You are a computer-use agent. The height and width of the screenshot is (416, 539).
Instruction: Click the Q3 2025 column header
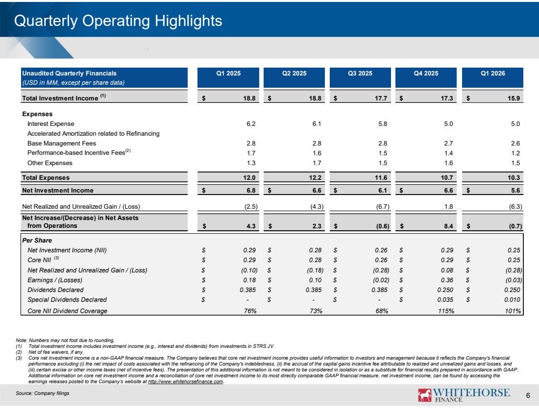click(360, 73)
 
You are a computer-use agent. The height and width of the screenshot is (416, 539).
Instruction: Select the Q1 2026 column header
click(492, 73)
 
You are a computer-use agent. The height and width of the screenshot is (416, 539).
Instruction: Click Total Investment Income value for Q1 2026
click(514, 98)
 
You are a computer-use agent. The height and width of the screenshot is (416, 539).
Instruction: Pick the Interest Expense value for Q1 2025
click(251, 124)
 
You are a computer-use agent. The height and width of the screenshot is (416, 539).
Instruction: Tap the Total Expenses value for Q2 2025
click(315, 178)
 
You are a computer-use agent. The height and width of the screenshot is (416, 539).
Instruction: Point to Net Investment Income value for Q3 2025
click(382, 191)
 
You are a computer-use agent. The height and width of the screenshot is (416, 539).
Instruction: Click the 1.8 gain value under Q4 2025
click(448, 207)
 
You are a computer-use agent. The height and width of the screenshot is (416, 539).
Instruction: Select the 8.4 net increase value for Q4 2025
click(448, 226)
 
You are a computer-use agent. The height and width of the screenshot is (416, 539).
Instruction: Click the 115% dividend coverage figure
click(446, 311)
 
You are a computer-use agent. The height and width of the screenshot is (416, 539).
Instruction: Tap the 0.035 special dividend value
click(445, 300)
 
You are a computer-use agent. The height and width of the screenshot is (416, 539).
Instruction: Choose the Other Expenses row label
click(50, 163)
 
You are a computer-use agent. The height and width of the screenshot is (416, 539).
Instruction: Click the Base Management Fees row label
click(62, 144)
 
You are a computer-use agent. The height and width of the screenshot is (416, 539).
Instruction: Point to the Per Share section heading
click(37, 240)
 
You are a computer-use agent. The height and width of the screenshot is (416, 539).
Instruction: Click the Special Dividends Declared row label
click(67, 300)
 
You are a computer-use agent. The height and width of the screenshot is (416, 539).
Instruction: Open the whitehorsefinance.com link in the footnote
click(186, 382)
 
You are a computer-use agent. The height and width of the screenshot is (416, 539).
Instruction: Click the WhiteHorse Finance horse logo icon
click(424, 395)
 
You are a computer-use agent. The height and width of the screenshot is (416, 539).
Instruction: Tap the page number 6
click(528, 396)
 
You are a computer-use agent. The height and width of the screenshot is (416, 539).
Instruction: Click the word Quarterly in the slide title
click(46, 21)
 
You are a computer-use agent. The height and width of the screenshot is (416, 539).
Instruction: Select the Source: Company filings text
click(42, 393)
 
